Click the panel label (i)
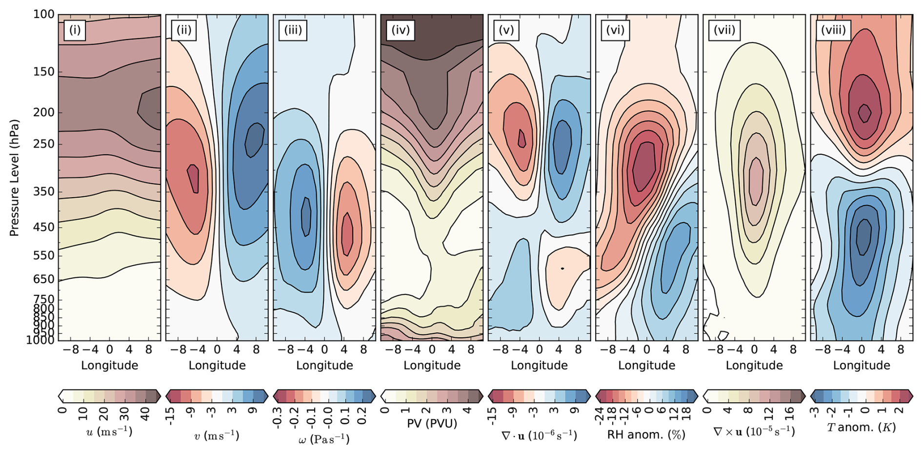tap(75, 30)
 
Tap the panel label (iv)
tap(400, 30)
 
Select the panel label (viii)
tap(833, 30)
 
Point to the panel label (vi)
tap(615, 30)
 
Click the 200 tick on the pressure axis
tap(43, 112)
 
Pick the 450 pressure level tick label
tap(43, 227)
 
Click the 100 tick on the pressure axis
tap(43, 15)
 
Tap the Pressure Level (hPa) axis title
tap(14, 178)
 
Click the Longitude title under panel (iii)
tap(324, 365)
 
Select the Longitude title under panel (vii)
tap(754, 365)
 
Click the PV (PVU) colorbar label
tap(432, 423)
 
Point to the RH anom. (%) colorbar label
tap(646, 434)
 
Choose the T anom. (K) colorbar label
tap(862, 428)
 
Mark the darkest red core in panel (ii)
tap(194, 179)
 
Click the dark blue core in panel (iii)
tap(306, 215)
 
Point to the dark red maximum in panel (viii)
tap(864, 113)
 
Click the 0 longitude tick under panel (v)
tap(539, 350)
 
